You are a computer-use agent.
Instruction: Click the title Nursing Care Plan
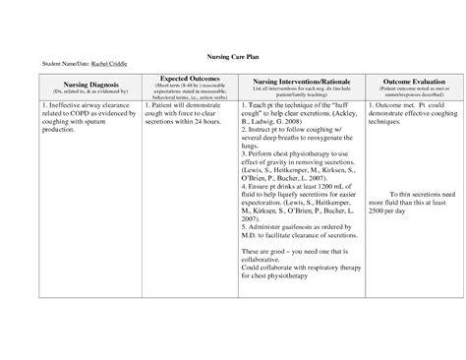point(232,58)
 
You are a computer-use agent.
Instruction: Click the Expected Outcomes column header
point(183,78)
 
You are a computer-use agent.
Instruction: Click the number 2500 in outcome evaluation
point(380,211)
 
